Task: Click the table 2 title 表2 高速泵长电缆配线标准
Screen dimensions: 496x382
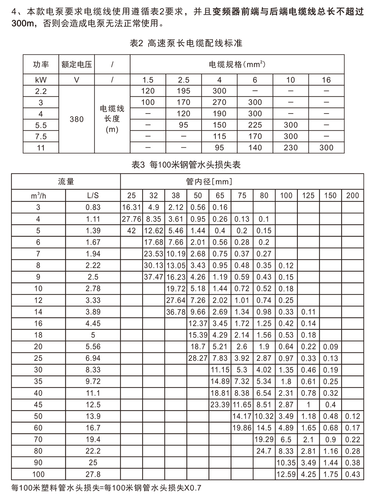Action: coord(186,43)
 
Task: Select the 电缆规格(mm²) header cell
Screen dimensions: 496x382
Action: coord(237,65)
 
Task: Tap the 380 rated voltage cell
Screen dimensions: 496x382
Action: coord(76,119)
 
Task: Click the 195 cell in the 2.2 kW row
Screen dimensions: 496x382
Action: coord(183,91)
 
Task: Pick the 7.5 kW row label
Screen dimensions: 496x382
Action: coord(41,136)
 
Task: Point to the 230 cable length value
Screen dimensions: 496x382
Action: coord(290,148)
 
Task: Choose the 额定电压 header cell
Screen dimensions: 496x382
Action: coord(76,65)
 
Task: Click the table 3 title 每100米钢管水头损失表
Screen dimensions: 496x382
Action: coord(186,164)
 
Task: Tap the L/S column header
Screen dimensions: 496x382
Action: coord(93,195)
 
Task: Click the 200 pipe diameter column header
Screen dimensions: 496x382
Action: coord(352,195)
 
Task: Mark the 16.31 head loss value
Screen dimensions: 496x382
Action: coord(131,207)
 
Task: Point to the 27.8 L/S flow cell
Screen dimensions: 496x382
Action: coord(93,474)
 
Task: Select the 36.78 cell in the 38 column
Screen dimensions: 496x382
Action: coord(175,312)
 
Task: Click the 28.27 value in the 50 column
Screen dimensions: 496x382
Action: coord(198,358)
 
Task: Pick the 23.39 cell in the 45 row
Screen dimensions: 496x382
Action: coord(220,405)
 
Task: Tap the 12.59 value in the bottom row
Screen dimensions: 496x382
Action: coord(286,474)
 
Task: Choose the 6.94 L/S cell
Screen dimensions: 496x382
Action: coord(93,358)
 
